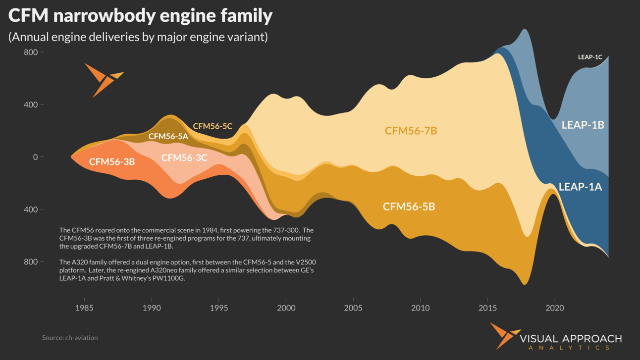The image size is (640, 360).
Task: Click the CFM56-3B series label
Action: tap(112, 161)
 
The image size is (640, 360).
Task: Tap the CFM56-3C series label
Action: tap(184, 157)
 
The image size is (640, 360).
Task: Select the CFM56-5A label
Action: tap(168, 136)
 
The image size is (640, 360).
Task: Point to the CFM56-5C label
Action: tap(213, 126)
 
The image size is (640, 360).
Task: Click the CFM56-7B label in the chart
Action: tap(411, 131)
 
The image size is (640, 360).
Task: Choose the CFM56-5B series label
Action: tap(409, 206)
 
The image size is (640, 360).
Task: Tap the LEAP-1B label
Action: tap(583, 125)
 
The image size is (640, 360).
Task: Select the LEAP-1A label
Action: tap(580, 187)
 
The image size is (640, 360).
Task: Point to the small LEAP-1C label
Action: tap(590, 57)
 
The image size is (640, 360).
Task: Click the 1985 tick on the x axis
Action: tap(84, 308)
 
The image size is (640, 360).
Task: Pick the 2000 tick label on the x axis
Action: tap(286, 308)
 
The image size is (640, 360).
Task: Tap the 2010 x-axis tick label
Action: tap(420, 308)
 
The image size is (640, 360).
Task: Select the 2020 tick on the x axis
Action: tap(555, 308)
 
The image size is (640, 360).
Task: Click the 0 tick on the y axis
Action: tap(35, 157)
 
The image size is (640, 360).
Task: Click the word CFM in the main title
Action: tap(27, 16)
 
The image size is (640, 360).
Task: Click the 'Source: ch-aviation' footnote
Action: tap(70, 338)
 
